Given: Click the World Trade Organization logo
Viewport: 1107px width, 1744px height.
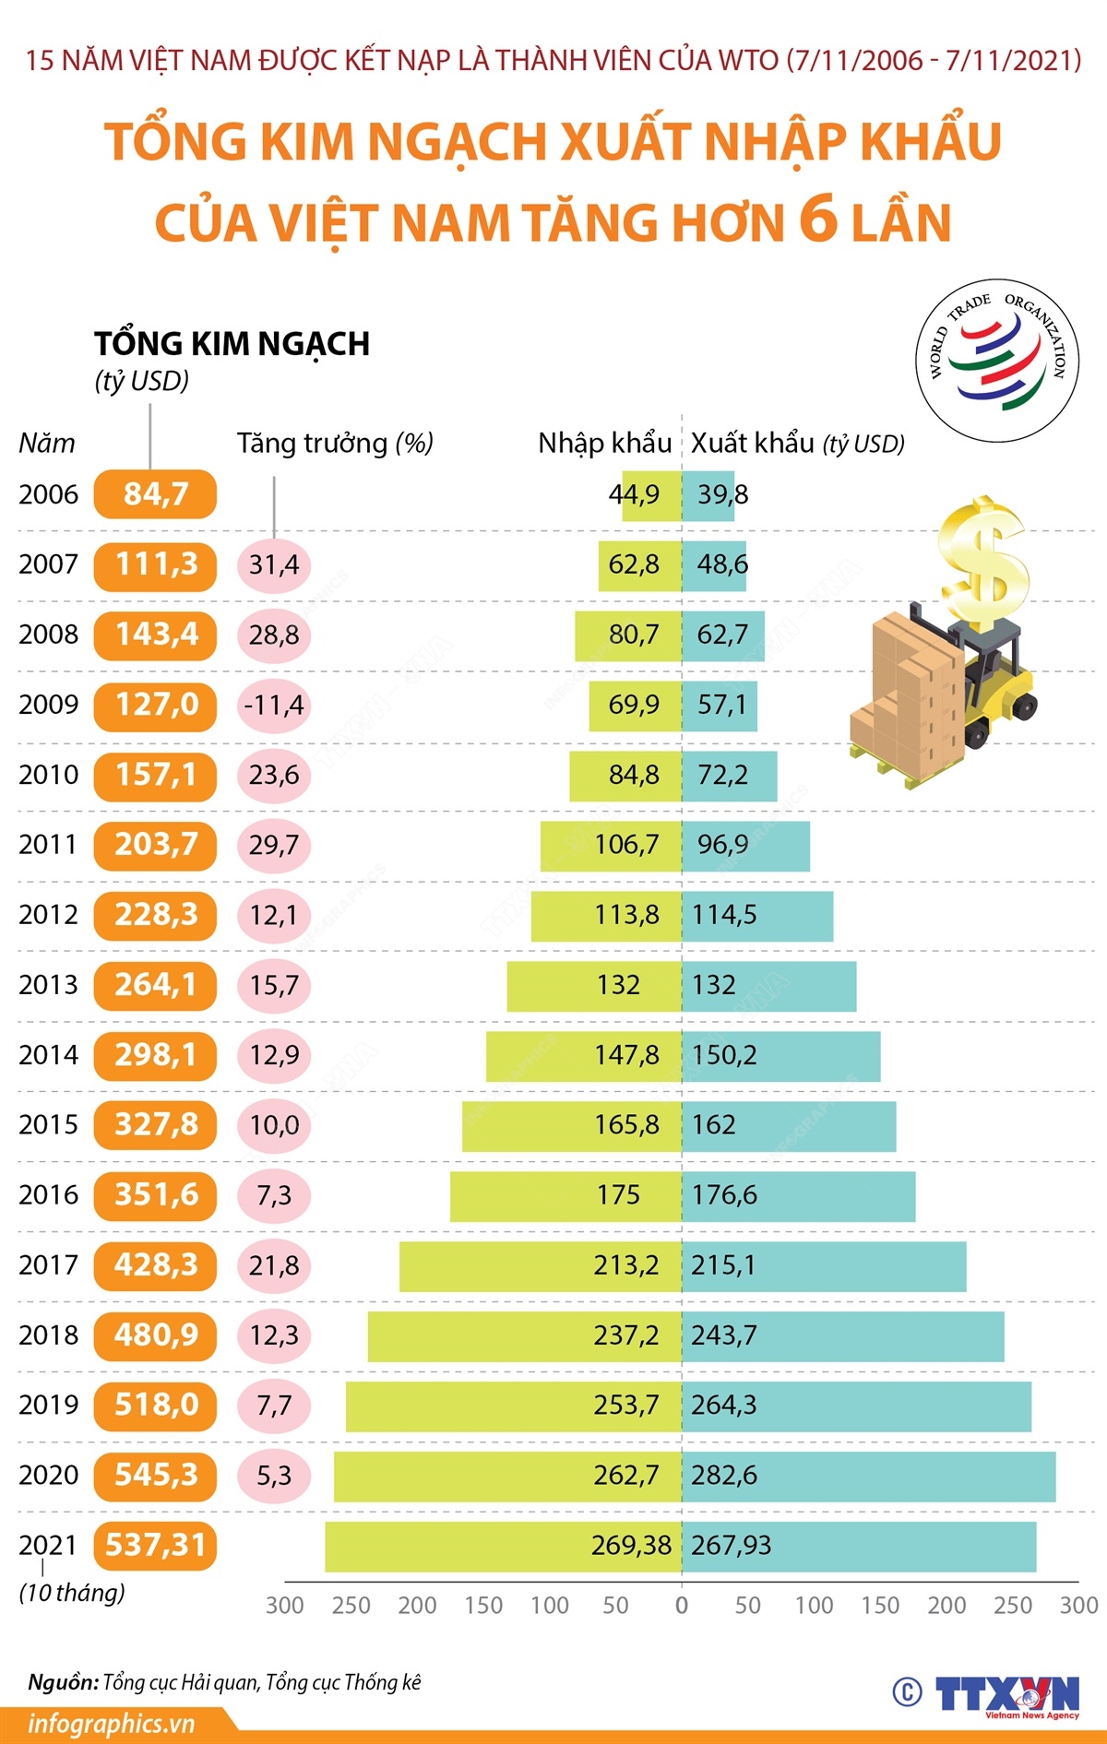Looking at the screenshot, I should click(997, 361).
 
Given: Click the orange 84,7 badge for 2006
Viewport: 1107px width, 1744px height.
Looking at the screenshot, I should click(155, 494).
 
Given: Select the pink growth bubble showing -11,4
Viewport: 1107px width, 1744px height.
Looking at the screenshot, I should click(274, 706).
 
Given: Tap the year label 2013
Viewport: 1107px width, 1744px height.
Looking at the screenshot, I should click(48, 985).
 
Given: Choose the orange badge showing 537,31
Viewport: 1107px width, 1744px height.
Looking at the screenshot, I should click(155, 1545).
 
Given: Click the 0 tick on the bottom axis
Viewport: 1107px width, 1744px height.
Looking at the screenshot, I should click(682, 1606).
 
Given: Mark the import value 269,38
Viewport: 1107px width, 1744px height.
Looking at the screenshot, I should click(631, 1546).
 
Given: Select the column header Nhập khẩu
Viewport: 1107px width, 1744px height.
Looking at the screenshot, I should click(604, 444).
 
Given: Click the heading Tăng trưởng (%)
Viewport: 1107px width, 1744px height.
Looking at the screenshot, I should click(335, 444).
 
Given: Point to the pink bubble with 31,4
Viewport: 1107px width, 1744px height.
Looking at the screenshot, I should click(274, 564).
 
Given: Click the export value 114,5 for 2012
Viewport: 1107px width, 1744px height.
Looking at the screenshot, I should click(724, 915).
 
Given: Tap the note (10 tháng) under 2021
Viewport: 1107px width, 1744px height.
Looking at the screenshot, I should click(72, 1593).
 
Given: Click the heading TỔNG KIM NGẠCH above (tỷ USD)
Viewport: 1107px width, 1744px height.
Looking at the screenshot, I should click(232, 344).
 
